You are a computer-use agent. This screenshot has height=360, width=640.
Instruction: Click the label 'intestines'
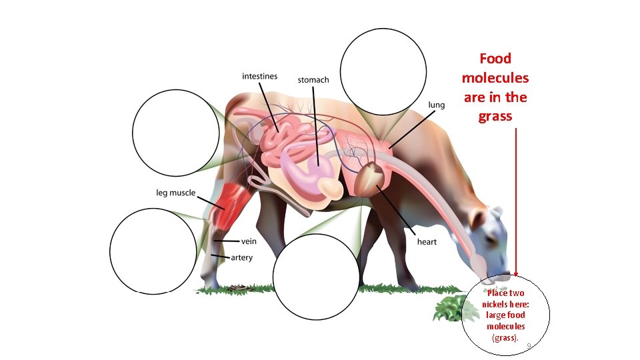click(x=259, y=77)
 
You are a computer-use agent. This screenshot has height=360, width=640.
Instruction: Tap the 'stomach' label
click(x=313, y=80)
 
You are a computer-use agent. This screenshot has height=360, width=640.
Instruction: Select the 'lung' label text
click(x=436, y=105)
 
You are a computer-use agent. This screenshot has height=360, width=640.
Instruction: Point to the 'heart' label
click(x=427, y=241)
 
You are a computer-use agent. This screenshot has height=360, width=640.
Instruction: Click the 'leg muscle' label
click(x=176, y=193)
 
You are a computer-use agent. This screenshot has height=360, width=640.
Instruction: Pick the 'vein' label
click(x=249, y=241)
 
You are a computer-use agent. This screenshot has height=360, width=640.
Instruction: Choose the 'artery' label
click(x=241, y=257)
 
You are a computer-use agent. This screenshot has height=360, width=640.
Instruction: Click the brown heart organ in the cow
click(x=369, y=179)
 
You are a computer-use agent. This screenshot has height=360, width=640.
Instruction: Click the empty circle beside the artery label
click(x=153, y=251)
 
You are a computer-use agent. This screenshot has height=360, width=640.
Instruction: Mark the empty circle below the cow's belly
click(x=317, y=276)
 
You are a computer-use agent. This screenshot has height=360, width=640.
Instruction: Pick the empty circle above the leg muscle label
click(x=176, y=131)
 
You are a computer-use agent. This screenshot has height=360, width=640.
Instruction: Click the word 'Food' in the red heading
click(x=495, y=59)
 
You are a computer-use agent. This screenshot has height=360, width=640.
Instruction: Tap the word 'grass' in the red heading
click(x=495, y=116)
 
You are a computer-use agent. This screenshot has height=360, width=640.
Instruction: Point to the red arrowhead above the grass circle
click(x=516, y=273)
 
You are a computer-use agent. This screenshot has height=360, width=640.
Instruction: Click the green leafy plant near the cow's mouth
click(x=448, y=308)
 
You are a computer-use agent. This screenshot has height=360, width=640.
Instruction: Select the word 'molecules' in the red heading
click(x=495, y=78)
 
